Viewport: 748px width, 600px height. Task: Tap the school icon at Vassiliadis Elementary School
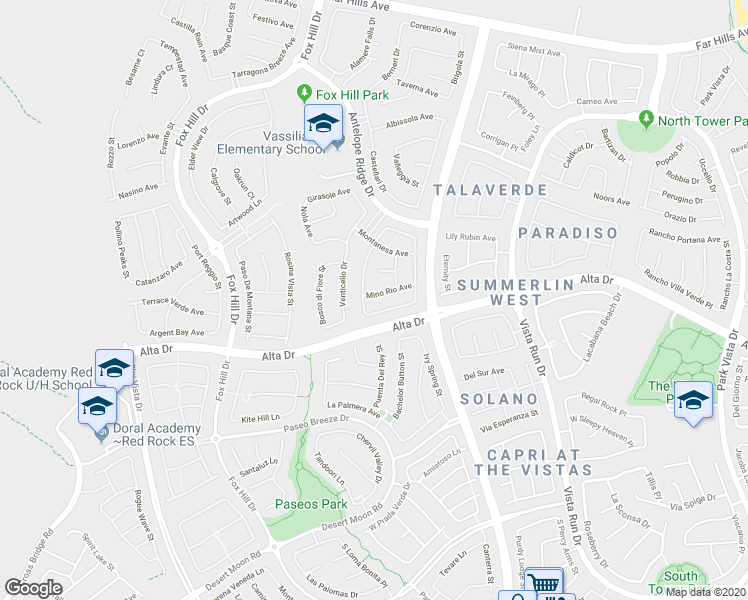point(323,125)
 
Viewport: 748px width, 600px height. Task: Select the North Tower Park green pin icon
point(645,120)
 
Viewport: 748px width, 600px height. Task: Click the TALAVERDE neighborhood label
point(489,189)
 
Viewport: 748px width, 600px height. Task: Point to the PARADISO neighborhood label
point(567,232)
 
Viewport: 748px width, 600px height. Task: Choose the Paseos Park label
point(312,505)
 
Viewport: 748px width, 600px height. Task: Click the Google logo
point(34,588)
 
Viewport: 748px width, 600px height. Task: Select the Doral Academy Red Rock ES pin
point(101,432)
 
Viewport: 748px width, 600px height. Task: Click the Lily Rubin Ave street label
point(471,237)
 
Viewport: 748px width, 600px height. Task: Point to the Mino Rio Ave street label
point(389,291)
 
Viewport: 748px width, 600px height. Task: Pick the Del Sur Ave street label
point(484,373)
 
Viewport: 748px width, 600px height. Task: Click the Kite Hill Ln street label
point(260,418)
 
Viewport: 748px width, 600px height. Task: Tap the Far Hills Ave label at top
point(359,5)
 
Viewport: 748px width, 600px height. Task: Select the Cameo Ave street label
point(597,101)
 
